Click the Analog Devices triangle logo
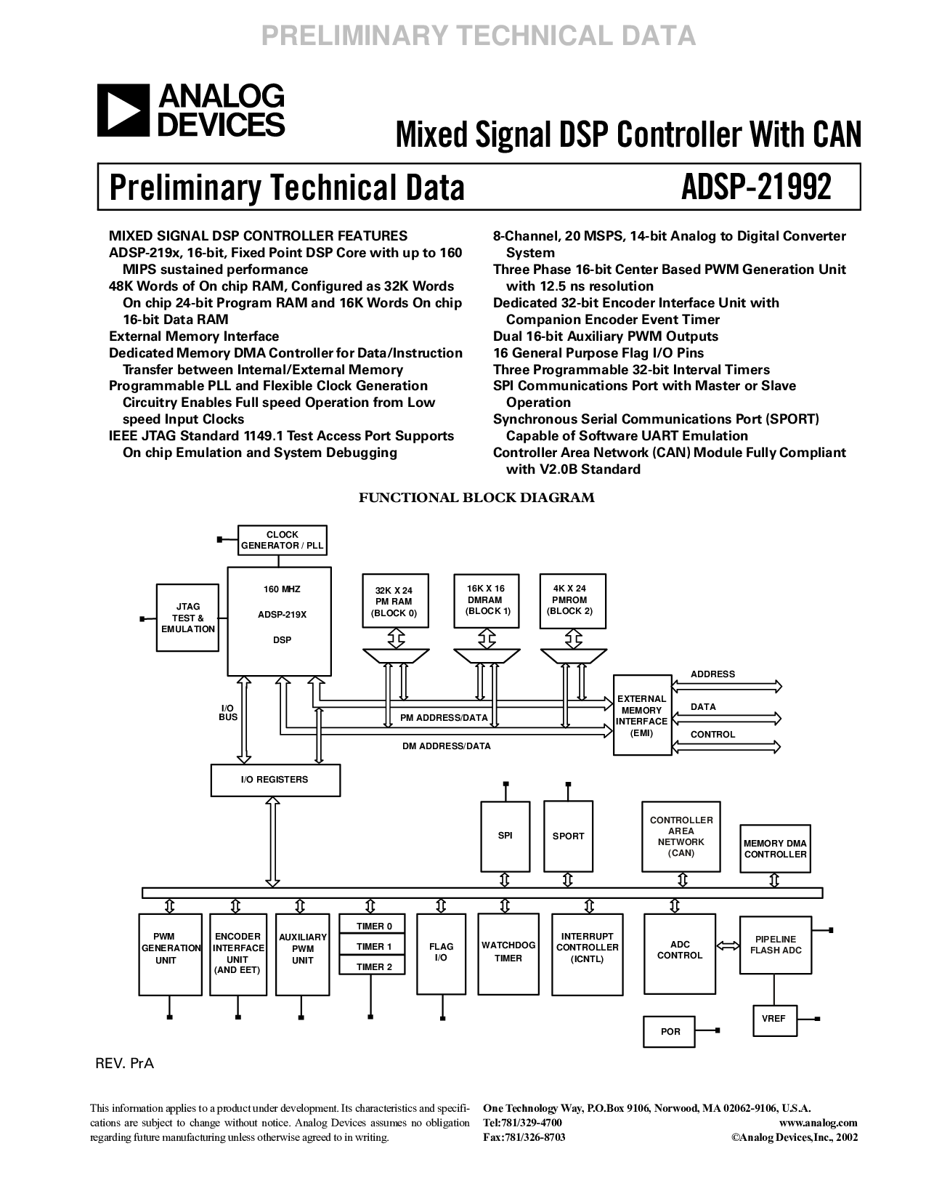coord(122,110)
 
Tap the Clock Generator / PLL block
coord(282,540)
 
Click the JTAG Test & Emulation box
coord(188,617)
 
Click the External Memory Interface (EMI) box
coord(641,715)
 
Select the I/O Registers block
coord(275,780)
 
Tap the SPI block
coord(505,836)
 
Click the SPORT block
coord(568,836)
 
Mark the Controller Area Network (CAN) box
coord(681,836)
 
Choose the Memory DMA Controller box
coord(775,849)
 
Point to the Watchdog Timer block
coord(508,952)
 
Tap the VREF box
coord(773,1018)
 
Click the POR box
coord(670,1031)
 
